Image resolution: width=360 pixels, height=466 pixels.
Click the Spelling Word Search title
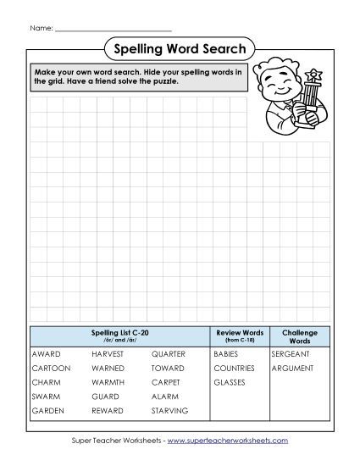pos(179,49)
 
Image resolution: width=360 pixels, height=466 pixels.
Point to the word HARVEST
pos(108,353)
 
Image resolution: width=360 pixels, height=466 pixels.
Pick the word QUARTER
pos(169,353)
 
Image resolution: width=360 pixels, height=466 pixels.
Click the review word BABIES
pos(226,353)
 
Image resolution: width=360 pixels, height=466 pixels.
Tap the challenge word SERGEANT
pos(291,353)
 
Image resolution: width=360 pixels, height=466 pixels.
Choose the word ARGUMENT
pos(292,369)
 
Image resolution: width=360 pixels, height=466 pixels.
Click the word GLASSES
pos(230,383)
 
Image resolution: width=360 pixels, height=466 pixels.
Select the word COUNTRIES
pos(235,369)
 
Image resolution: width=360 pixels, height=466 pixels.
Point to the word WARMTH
pos(107,383)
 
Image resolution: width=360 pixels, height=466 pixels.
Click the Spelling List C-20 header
pos(119,333)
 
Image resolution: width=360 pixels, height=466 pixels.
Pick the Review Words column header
pos(241,333)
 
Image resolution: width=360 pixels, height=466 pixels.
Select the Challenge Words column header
pos(299,336)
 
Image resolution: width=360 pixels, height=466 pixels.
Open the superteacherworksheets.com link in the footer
pos(227,441)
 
